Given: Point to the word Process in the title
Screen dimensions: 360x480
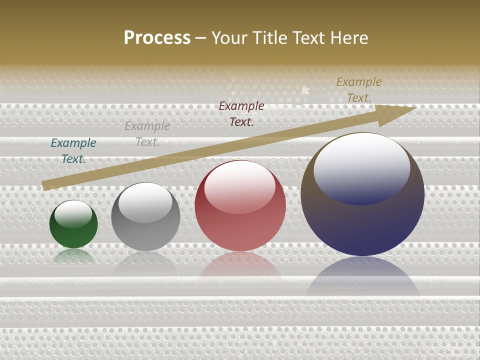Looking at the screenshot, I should [157, 38].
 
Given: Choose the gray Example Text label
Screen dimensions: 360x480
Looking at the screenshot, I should [147, 134].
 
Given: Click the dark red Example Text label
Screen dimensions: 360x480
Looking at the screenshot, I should [241, 113].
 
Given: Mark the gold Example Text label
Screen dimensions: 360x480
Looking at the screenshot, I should [359, 90].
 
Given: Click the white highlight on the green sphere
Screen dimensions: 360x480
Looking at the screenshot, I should [73, 213].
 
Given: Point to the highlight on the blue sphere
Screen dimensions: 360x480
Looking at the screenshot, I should [362, 167].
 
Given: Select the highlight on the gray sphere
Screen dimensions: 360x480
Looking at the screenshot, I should [145, 202].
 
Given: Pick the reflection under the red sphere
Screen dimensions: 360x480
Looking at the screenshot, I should [240, 265].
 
